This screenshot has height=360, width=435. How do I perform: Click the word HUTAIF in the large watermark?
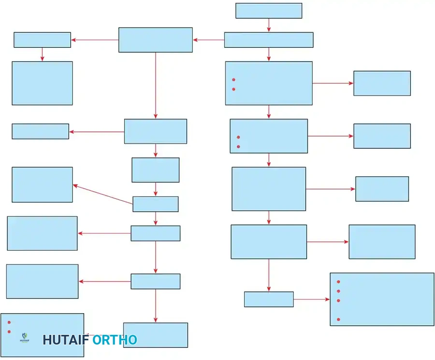pos(66,340)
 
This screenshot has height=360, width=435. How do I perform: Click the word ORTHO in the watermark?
pos(115,340)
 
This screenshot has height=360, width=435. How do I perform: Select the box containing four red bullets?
pos(382,299)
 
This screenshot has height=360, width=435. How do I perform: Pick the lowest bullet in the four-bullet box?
pos(338,319)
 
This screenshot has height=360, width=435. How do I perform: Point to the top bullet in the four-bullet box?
pos(338,282)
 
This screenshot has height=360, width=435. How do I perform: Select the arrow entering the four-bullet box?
pos(311,299)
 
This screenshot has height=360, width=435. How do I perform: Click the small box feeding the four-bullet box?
pos(269,299)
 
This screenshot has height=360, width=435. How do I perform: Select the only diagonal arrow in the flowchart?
pos(103,194)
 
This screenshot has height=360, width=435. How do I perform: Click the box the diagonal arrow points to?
pos(42,185)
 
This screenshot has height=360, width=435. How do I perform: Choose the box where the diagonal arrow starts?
pos(156,204)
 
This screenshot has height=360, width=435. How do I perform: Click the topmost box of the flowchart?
pos(269,11)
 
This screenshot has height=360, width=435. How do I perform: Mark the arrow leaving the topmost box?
pos(269,25)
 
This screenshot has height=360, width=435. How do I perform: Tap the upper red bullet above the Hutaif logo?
pos(9,322)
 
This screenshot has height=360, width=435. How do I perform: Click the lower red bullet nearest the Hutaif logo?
pos(9,331)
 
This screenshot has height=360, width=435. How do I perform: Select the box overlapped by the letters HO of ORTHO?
pos(156,335)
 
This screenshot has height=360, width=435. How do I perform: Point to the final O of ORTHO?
pos(131,340)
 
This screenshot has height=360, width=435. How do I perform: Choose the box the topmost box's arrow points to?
pos(269,40)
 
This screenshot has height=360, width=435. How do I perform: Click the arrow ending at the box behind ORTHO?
pos(156,305)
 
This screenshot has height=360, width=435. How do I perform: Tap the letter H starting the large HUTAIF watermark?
pos(47,340)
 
